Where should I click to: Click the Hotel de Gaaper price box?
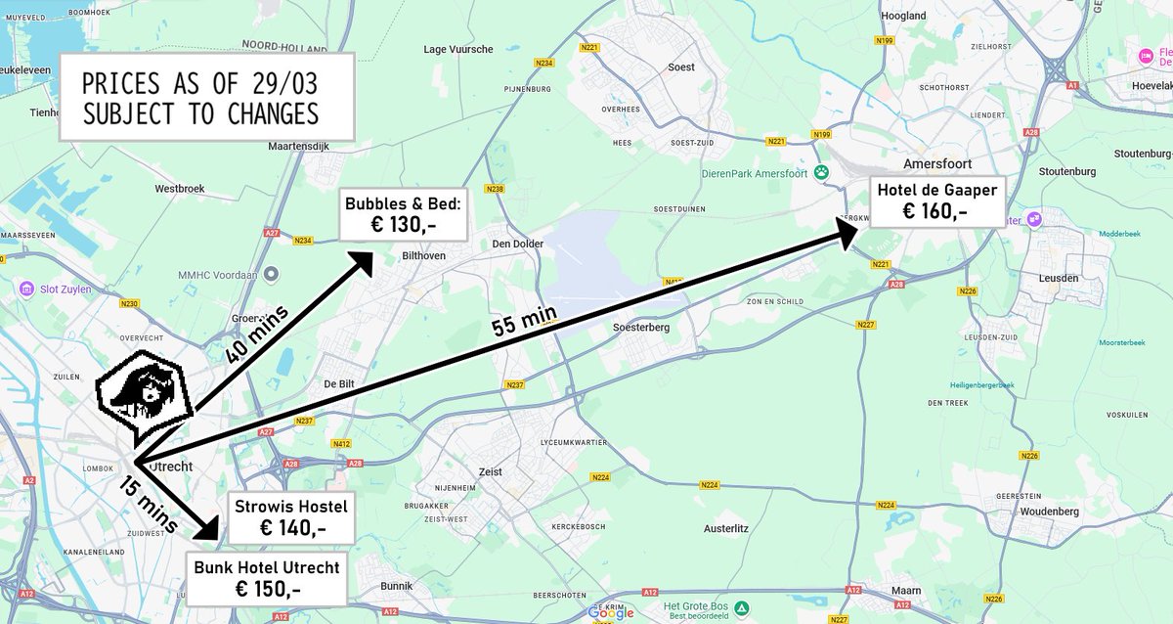[x=936, y=201]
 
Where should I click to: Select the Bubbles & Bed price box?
[x=403, y=214]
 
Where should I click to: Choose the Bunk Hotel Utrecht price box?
[x=267, y=578]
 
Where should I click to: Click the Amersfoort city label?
[x=937, y=163]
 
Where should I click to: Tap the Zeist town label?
[x=491, y=471]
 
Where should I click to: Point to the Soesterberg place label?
[x=640, y=328]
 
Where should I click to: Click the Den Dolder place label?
[x=517, y=244]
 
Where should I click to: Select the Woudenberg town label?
[x=1048, y=512]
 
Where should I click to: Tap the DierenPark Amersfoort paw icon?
[x=822, y=173]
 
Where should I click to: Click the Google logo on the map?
[x=611, y=612]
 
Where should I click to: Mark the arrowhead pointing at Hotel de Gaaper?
[x=847, y=232]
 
